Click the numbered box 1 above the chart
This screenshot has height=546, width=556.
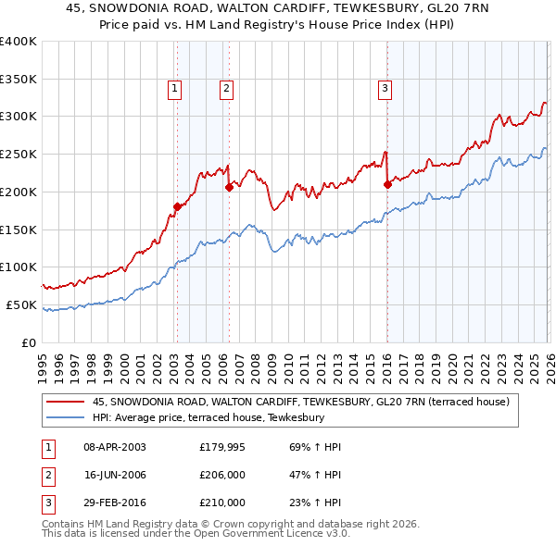(175, 89)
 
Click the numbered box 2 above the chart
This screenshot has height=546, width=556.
(226, 89)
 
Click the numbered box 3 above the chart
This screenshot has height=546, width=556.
(385, 89)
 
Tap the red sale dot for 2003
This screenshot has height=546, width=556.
(176, 206)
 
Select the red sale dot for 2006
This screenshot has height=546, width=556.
(228, 186)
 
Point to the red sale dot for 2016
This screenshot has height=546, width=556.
(387, 183)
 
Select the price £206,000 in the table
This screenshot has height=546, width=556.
(222, 475)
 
